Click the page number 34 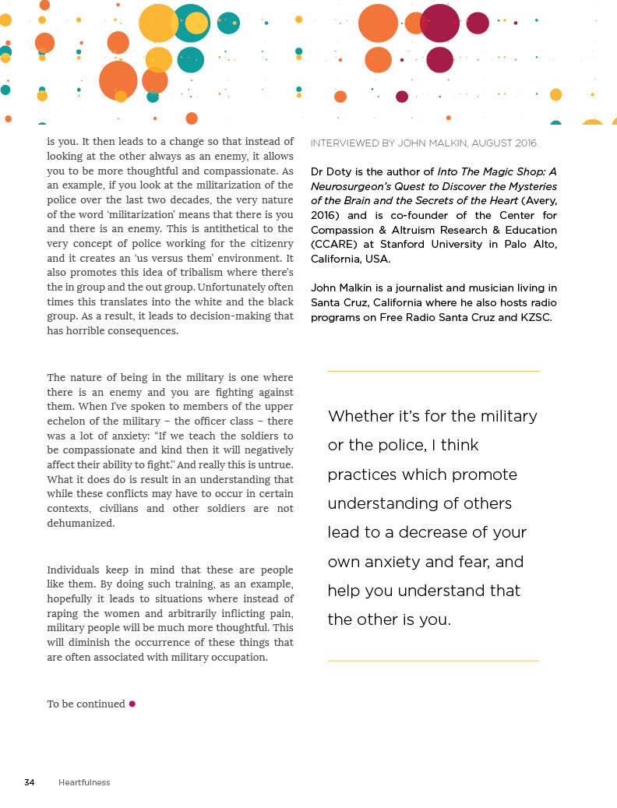coord(30,782)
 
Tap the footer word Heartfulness coord(84,782)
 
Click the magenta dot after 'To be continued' coord(132,704)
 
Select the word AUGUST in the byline coord(488,143)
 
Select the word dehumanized coord(81,524)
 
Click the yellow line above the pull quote coord(433,372)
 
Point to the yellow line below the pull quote coord(433,661)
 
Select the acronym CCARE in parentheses coord(333,244)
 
